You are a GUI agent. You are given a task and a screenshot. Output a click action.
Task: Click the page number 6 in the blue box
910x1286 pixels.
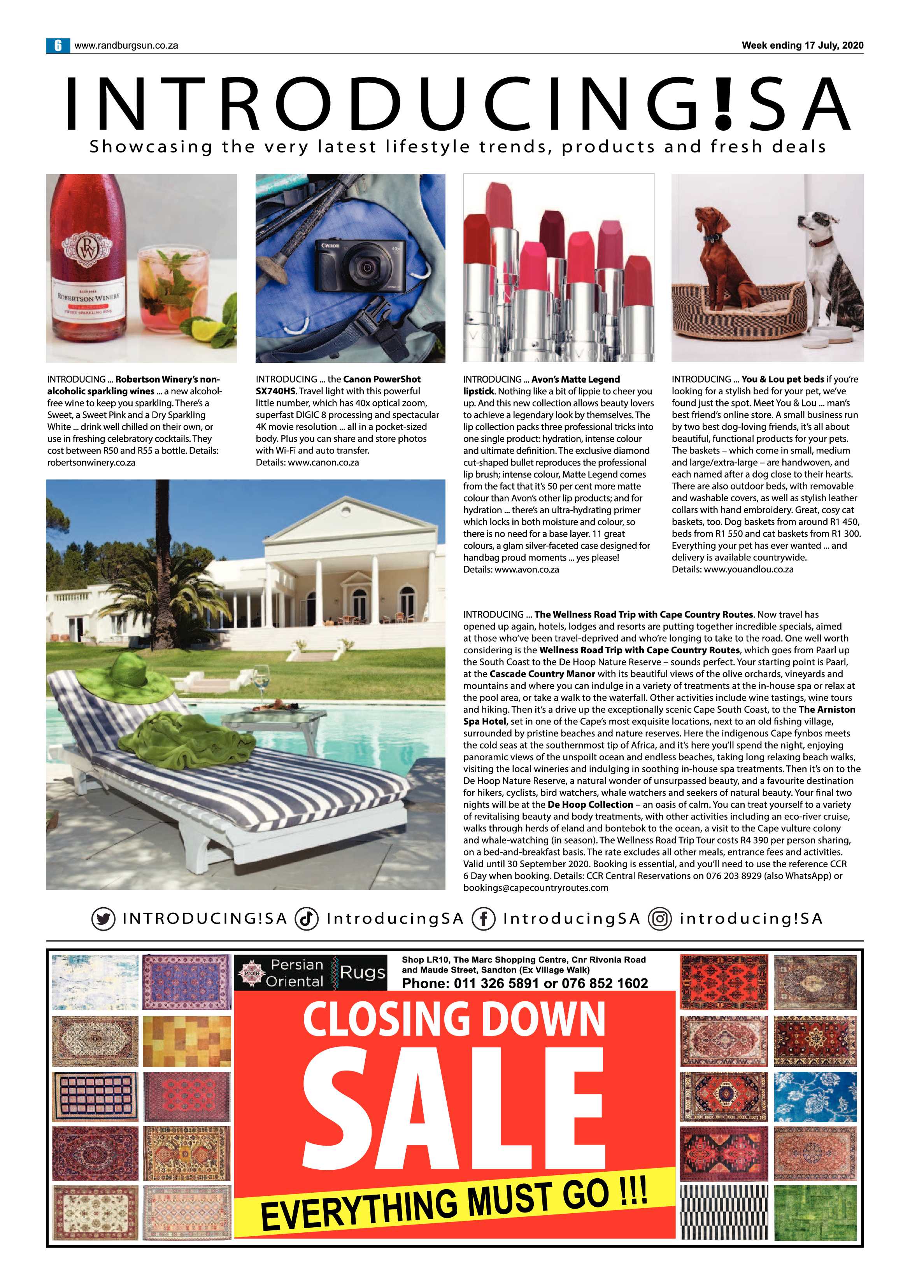click(x=57, y=45)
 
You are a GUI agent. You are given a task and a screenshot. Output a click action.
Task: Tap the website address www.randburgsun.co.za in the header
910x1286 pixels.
click(x=126, y=45)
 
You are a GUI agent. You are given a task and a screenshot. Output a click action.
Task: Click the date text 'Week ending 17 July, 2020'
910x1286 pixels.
click(x=802, y=45)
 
